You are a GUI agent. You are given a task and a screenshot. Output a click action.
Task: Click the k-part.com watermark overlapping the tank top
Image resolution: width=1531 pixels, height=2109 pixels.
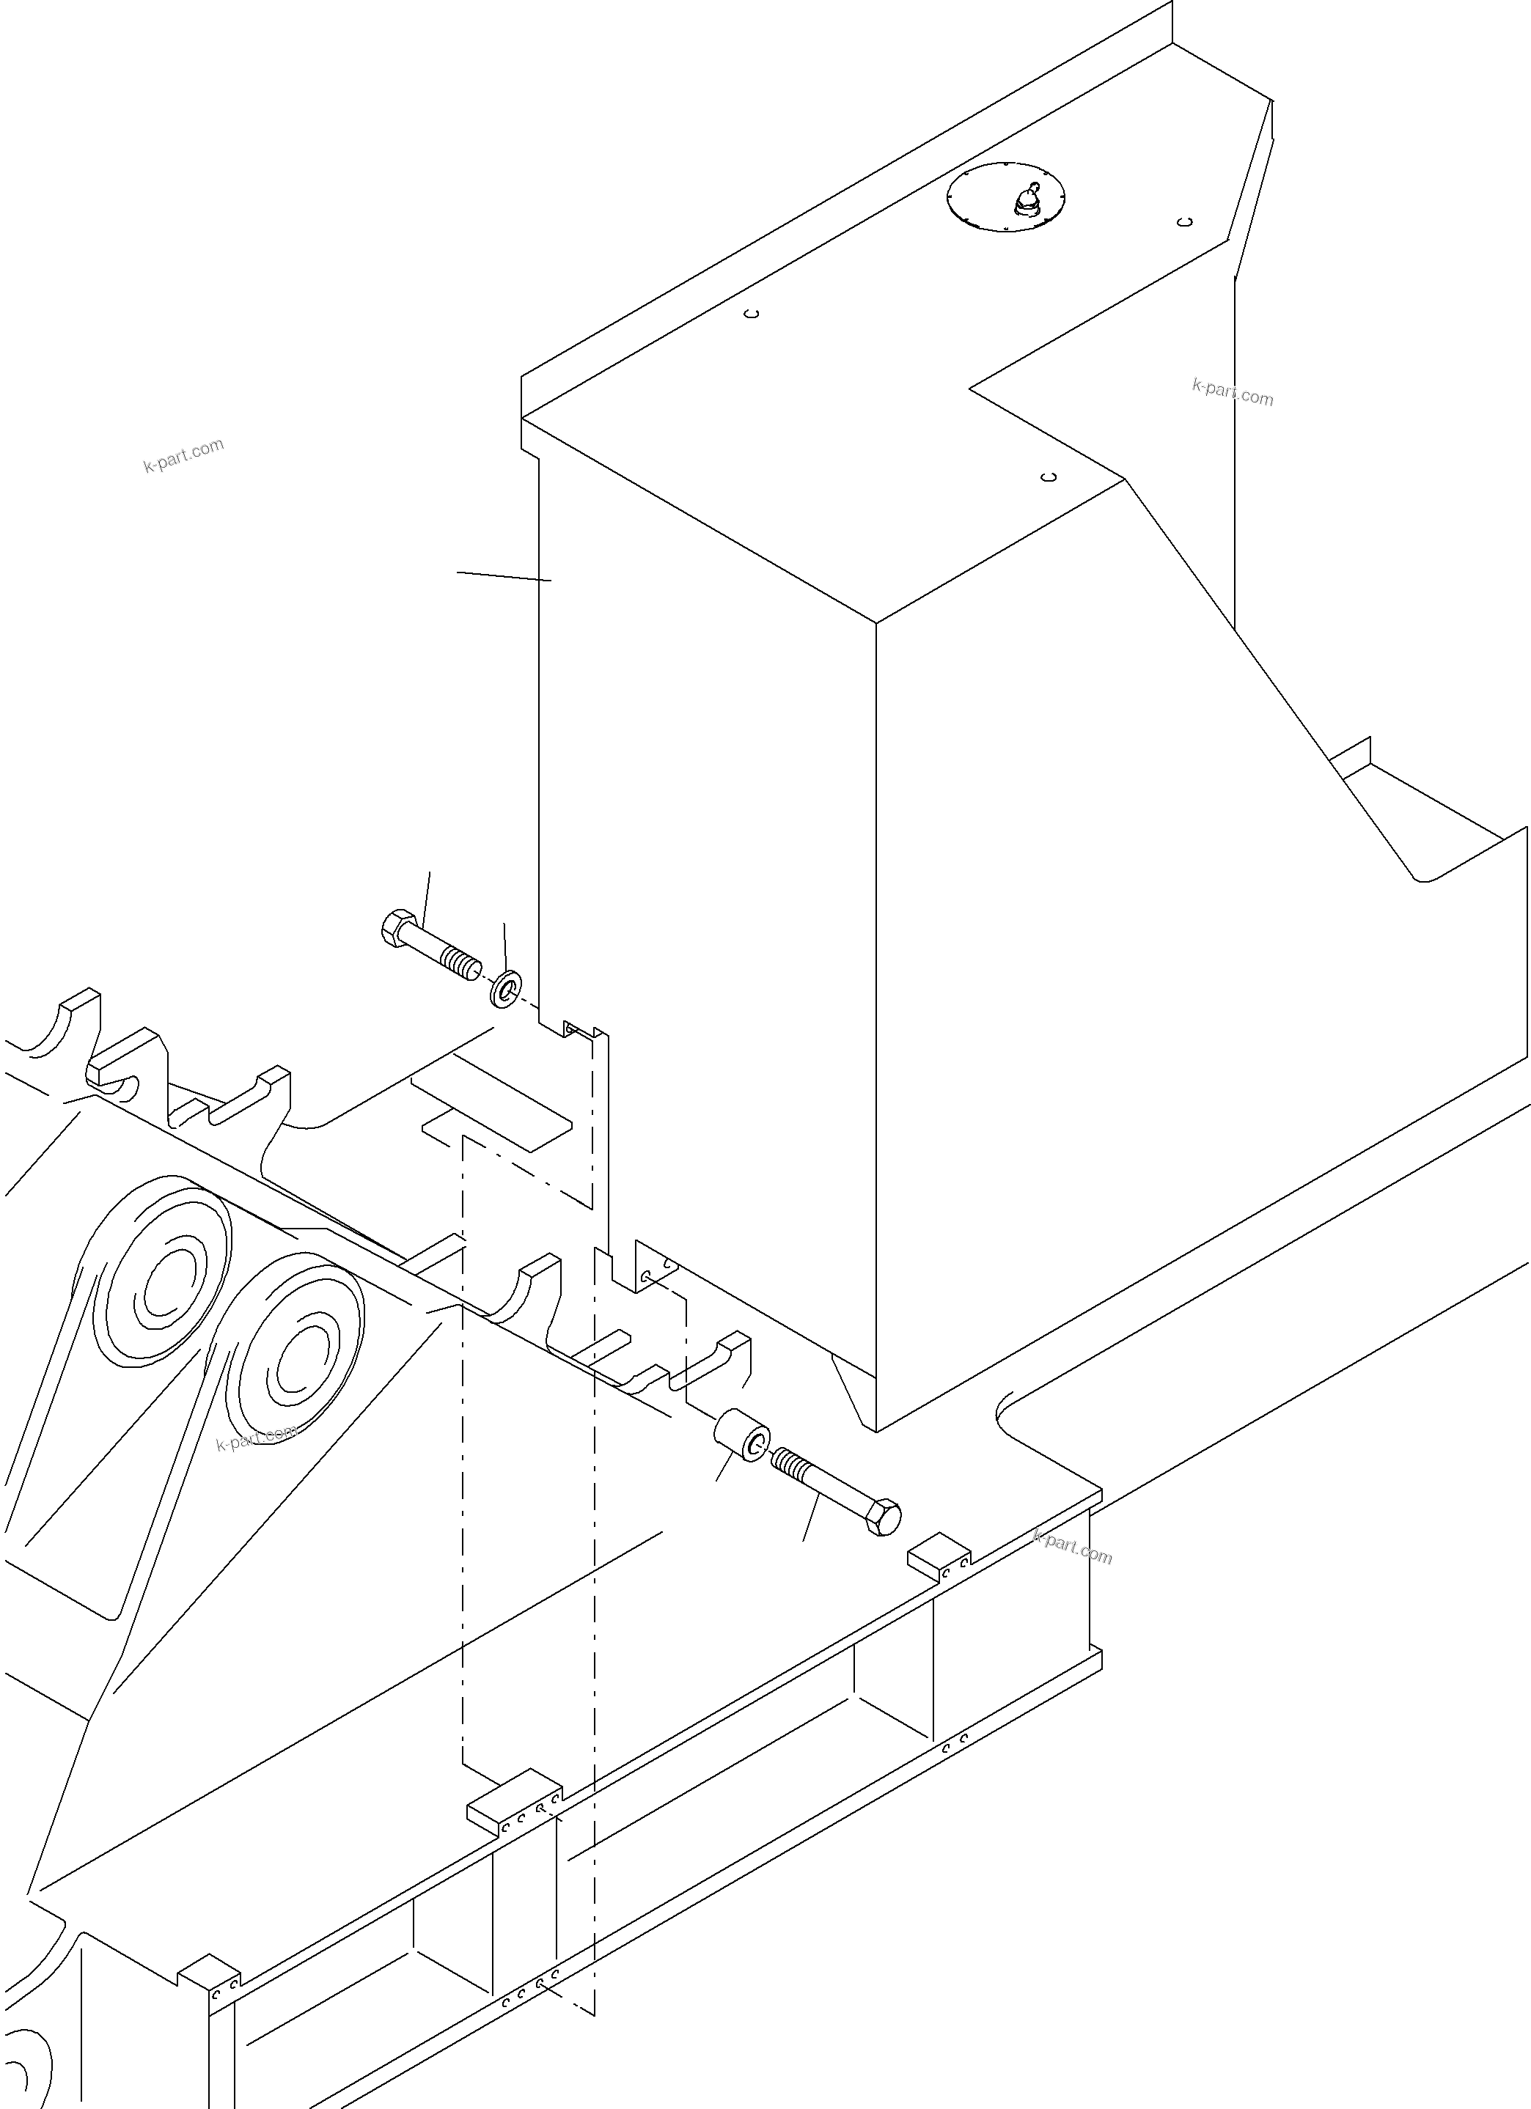[x=1233, y=392]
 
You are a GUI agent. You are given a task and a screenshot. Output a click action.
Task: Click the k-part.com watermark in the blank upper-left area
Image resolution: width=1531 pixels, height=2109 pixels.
[x=184, y=454]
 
